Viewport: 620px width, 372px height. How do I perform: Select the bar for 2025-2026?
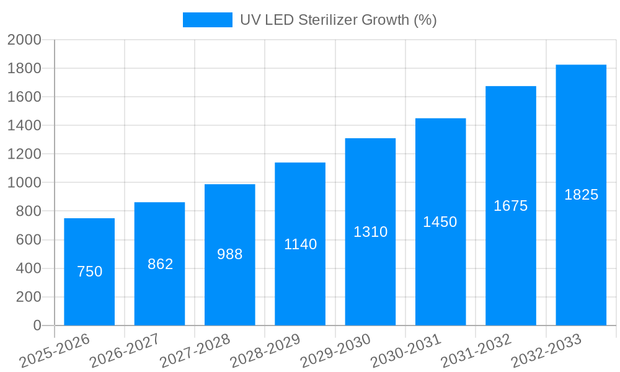point(89,291)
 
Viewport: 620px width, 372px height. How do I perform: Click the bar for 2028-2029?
point(300,285)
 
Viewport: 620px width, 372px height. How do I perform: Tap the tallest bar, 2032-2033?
point(581,260)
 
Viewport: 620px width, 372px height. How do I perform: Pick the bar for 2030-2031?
point(440,273)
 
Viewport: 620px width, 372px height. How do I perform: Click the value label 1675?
point(510,206)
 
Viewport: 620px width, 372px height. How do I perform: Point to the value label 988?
point(229,254)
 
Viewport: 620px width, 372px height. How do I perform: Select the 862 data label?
point(160,264)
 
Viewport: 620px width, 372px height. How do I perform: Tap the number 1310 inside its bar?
point(370,232)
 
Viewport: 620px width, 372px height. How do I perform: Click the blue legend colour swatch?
point(207,20)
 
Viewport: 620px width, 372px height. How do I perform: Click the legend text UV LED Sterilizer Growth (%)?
point(338,20)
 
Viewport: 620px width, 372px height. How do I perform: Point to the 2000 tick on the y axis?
point(24,40)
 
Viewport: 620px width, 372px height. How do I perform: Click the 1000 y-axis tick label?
point(24,183)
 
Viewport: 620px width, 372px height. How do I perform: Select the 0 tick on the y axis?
point(37,325)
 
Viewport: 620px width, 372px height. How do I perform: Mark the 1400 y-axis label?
point(24,126)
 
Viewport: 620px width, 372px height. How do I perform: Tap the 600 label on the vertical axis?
point(28,240)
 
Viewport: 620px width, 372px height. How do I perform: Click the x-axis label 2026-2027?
point(125,351)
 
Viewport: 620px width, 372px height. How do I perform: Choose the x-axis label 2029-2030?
point(335,351)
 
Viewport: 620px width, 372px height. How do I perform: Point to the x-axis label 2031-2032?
point(476,351)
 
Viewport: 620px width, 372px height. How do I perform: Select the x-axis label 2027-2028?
point(195,351)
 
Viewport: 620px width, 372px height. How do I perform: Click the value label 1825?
point(581,195)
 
